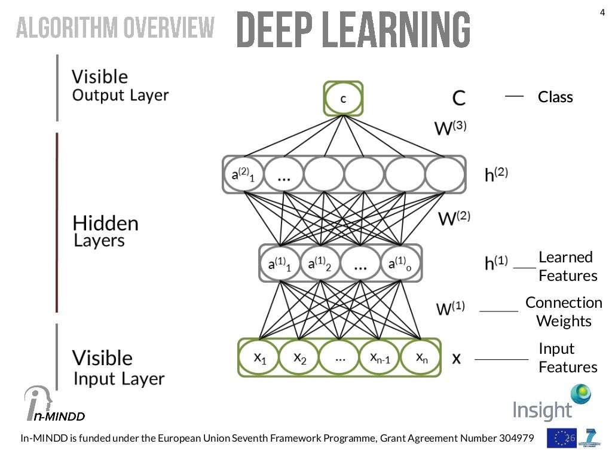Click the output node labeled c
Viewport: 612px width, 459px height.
[343, 99]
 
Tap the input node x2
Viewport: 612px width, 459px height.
[299, 358]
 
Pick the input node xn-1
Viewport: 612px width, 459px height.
[380, 358]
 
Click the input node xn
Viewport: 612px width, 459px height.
[420, 358]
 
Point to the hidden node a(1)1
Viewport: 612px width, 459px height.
[279, 263]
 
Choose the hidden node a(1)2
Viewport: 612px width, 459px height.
[320, 263]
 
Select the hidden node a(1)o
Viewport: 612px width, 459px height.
[400, 263]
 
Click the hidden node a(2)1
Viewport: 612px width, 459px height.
[242, 175]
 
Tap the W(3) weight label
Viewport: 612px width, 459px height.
[450, 127]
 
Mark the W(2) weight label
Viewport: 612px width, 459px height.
[454, 218]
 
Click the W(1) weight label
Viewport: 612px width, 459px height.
[450, 308]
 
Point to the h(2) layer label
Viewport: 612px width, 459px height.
[496, 174]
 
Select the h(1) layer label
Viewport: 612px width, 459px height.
[496, 262]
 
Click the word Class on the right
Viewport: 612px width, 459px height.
[555, 97]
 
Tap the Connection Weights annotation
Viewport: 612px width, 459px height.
[564, 311]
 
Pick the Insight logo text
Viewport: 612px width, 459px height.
[542, 411]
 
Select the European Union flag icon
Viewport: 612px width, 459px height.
[561, 438]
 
